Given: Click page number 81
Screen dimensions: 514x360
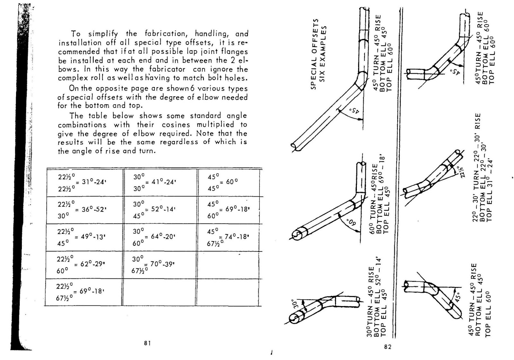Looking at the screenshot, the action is pyautogui.click(x=147, y=343).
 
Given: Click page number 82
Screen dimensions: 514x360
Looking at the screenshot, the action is pyautogui.click(x=388, y=347).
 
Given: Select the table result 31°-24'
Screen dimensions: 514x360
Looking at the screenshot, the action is pyautogui.click(x=93, y=182).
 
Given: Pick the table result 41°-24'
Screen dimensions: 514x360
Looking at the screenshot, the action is pyautogui.click(x=164, y=182).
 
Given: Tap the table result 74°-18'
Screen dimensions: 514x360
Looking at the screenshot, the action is pyautogui.click(x=237, y=237).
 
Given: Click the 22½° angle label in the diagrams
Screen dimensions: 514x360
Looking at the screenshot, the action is pyautogui.click(x=460, y=173).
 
